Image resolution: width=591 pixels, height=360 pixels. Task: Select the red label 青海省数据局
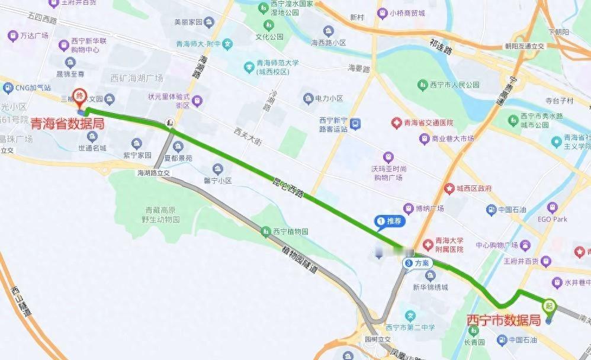pos(68,124)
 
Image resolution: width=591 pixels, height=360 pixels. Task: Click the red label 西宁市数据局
pos(504,320)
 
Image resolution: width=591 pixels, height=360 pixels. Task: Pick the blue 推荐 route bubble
pos(390,221)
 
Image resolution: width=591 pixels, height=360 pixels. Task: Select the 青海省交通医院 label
pos(428,123)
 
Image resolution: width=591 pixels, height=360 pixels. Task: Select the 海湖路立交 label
pos(153,173)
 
